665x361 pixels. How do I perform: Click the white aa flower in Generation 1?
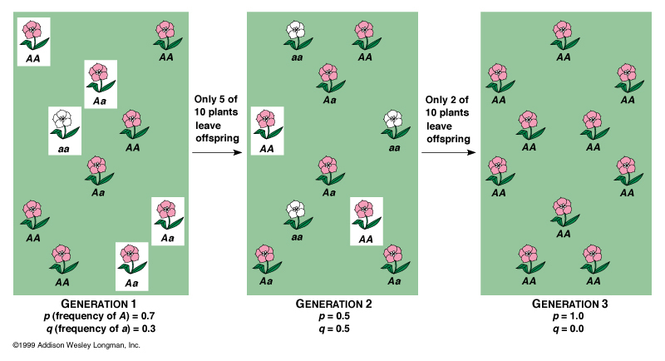(62, 125)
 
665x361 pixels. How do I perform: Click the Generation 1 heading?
(99, 304)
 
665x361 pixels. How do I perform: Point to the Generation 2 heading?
(333, 304)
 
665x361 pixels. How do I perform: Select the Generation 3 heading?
(570, 304)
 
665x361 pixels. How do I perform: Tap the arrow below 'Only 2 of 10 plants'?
(451, 153)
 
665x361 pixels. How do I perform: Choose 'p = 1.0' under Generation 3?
(570, 317)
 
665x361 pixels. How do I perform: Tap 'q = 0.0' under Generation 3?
(570, 329)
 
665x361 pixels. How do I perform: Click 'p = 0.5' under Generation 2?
(333, 317)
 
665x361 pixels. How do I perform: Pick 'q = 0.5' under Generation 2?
(333, 329)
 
